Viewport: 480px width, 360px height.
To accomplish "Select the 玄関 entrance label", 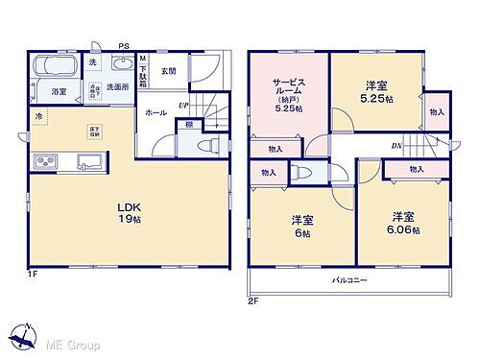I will coord(169,69).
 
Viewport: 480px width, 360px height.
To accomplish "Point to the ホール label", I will coord(156,113).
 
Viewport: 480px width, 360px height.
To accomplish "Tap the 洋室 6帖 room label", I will coord(302,228).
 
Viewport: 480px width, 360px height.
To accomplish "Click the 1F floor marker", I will coord(32,276).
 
